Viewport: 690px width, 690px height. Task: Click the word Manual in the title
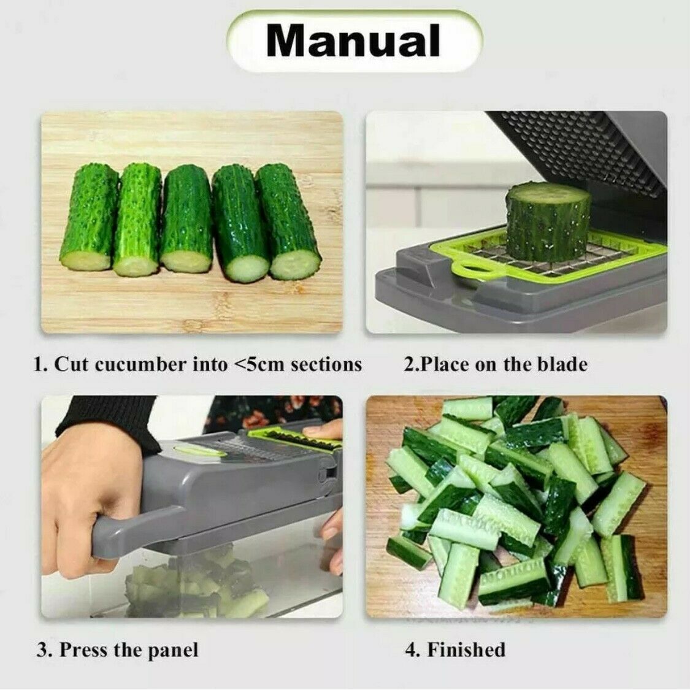click(x=353, y=40)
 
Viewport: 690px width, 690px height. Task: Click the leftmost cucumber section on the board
click(x=89, y=218)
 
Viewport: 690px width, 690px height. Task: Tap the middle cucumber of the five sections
click(x=186, y=220)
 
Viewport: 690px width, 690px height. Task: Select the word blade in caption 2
click(x=559, y=364)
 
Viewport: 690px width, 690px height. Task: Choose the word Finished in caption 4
click(x=466, y=650)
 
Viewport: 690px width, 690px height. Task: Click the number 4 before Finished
click(x=410, y=650)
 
